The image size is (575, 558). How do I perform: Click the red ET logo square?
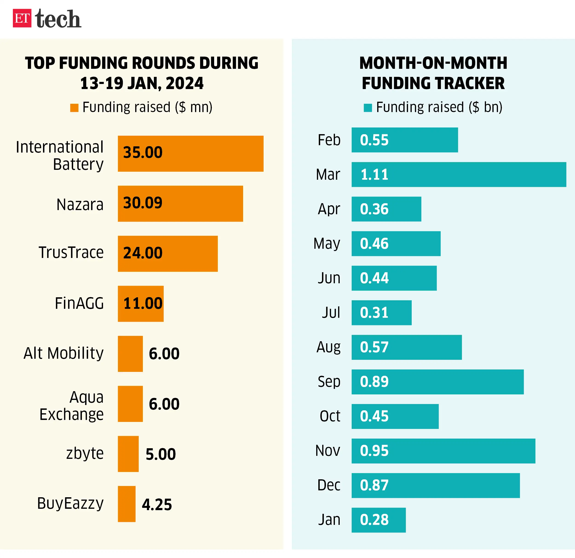coord(22,18)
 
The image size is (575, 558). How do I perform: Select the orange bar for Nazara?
coord(180,203)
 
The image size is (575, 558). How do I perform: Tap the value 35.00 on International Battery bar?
coord(143,152)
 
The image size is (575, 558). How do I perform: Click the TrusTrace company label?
coord(71,252)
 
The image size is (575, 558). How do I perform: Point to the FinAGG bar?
coord(141,304)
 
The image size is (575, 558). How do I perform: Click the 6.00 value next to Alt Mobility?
coord(164,353)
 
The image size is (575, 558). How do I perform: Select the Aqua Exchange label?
coord(72,406)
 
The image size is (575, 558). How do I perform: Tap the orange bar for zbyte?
coord(128,454)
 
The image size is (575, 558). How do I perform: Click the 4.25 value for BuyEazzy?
coord(157,505)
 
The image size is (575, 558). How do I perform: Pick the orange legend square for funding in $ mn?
coord(74,108)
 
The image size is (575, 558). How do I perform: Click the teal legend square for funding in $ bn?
coord(368,108)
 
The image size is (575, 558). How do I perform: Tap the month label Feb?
coord(329,140)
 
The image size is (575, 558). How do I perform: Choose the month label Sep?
coord(329,382)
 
